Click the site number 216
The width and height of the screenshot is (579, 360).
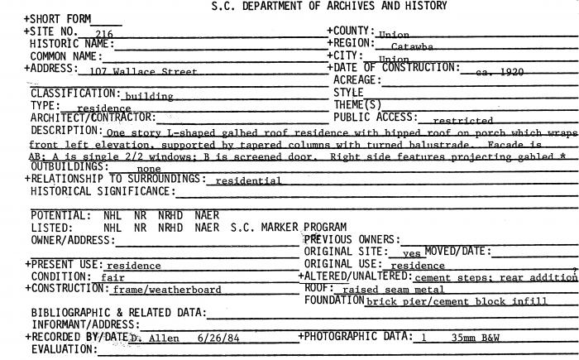click(x=104, y=35)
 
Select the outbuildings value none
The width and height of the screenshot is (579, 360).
click(x=149, y=168)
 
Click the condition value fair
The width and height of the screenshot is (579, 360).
click(x=112, y=278)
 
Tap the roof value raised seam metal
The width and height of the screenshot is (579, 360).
click(x=393, y=290)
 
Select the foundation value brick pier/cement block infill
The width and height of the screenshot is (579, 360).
click(x=457, y=302)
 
